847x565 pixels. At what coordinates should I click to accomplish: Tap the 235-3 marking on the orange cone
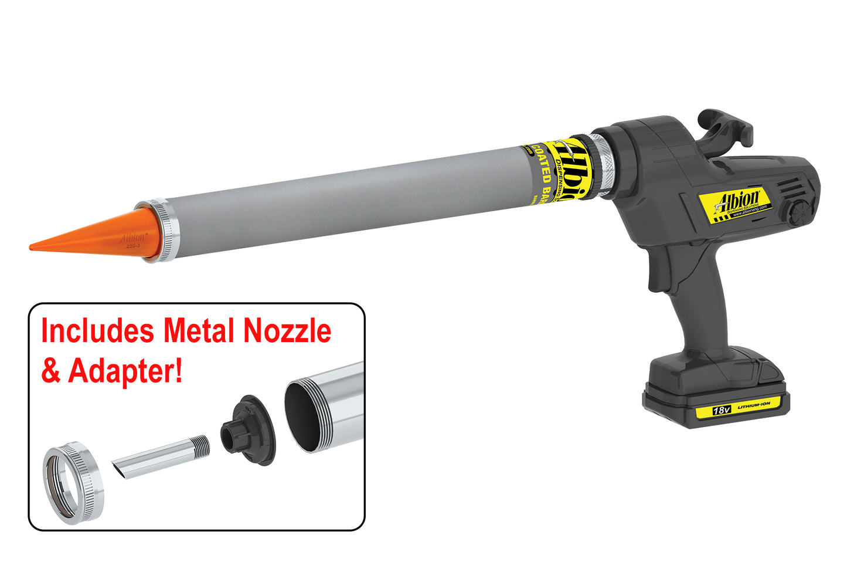pyautogui.click(x=132, y=246)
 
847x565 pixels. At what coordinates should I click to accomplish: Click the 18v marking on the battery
pyautogui.click(x=720, y=410)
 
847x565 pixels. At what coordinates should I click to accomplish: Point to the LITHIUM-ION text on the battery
pyautogui.click(x=754, y=405)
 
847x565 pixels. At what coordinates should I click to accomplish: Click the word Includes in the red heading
pyautogui.click(x=98, y=331)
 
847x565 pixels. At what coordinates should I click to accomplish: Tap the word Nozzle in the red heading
pyautogui.click(x=287, y=331)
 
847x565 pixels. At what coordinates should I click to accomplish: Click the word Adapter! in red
pyautogui.click(x=125, y=371)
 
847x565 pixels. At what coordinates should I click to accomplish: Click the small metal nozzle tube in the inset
pyautogui.click(x=161, y=458)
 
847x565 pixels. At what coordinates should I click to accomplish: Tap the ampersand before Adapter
pyautogui.click(x=50, y=371)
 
